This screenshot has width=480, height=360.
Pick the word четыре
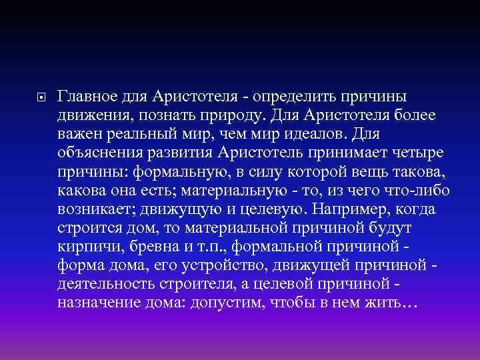(406, 153)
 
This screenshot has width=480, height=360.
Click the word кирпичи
(84, 247)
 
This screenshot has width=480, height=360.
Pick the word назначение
(99, 303)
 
